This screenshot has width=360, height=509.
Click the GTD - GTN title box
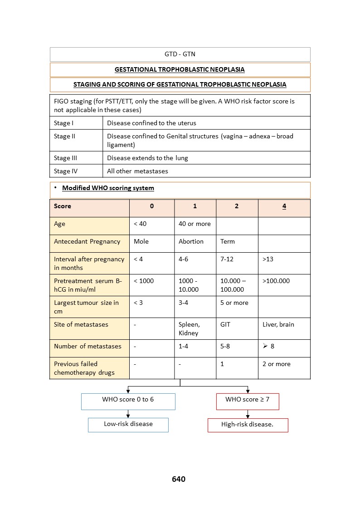coord(180,54)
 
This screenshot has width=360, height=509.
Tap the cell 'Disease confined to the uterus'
coord(151,123)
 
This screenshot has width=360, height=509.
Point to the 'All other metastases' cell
coord(137,171)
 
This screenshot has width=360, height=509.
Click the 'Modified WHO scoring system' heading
coord(108,188)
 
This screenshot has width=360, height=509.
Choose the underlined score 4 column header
coord(284,206)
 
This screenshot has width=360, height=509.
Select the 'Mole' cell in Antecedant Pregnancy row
coord(141,241)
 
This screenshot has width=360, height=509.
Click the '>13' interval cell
coord(268,259)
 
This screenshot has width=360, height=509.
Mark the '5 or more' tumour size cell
coord(234,303)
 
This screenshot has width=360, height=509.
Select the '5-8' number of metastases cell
coord(225,346)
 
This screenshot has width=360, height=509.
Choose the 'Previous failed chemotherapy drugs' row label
coord(84,368)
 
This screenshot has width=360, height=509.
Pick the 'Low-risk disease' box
coord(128,425)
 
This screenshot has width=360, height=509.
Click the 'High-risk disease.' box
coord(248,425)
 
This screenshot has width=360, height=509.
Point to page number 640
coord(179,479)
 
